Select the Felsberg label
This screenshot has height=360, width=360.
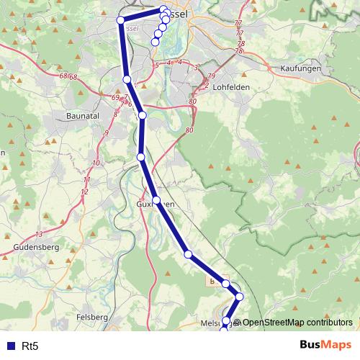pyautogui.click(x=91, y=317)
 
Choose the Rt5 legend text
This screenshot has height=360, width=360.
pyautogui.click(x=30, y=346)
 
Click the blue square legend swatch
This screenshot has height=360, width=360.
pyautogui.click(x=11, y=346)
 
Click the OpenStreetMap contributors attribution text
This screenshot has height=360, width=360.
pyautogui.click(x=297, y=322)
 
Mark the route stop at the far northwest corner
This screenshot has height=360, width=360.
pyautogui.click(x=121, y=19)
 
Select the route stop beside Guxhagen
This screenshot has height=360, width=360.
pyautogui.click(x=156, y=199)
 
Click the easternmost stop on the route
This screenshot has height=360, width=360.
pyautogui.click(x=240, y=297)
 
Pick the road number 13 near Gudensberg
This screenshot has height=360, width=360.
pyautogui.click(x=39, y=234)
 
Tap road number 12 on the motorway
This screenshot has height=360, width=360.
pyautogui.click(x=85, y=191)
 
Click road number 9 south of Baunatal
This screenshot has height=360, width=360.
pyautogui.click(x=106, y=132)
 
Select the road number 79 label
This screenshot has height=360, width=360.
pyautogui.click(x=211, y=76)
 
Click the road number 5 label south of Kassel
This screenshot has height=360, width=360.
pyautogui.click(x=156, y=66)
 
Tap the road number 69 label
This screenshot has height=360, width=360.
pyautogui.click(x=116, y=96)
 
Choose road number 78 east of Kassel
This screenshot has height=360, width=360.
pyautogui.click(x=240, y=43)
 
